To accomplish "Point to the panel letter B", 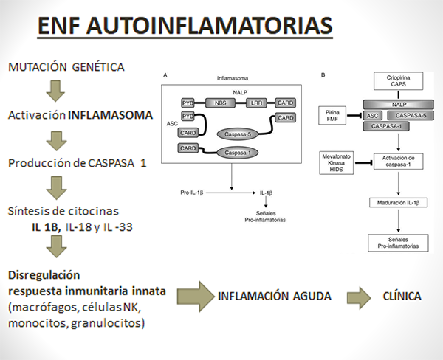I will click(324, 75).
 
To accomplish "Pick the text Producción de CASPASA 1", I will click(71, 162).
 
